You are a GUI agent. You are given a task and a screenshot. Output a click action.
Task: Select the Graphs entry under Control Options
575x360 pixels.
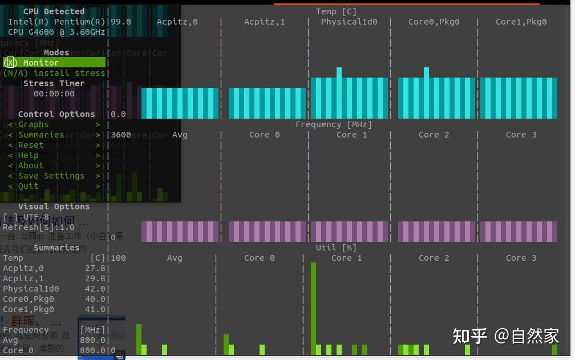pos(34,124)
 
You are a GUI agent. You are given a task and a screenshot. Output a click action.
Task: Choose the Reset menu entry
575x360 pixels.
pos(31,145)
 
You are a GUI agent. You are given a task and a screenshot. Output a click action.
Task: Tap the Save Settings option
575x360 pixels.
pos(51,176)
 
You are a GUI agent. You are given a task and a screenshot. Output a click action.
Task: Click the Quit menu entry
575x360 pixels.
pos(29,186)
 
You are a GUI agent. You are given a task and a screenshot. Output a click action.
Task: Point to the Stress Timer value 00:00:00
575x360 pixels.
pos(54,94)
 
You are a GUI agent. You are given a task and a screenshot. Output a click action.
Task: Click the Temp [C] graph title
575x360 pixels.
pos(337,11)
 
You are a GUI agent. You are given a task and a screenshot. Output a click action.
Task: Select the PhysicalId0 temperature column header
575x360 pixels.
pos(349,22)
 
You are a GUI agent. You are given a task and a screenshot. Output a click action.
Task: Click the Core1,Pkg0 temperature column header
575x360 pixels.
pos(521,22)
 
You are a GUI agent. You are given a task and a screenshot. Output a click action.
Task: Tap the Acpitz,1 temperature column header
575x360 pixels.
pos(264,22)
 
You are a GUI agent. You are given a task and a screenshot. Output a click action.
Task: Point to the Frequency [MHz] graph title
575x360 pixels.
pos(334,124)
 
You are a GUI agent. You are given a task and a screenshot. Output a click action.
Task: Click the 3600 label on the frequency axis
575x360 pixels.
pos(120,135)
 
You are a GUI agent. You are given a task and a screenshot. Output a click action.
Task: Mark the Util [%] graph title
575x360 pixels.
pos(336,248)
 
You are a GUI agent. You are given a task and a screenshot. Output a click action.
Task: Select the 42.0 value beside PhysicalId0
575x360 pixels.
pos(95,289)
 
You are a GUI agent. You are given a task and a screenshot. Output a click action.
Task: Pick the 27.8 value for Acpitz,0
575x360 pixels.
pos(95,268)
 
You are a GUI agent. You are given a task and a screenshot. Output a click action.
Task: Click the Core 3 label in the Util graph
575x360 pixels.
pos(521,258)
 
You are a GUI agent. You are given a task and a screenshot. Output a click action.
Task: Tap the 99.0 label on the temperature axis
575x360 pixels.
pos(120,22)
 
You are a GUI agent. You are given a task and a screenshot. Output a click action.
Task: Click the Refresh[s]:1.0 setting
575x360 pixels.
pos(39,227)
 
